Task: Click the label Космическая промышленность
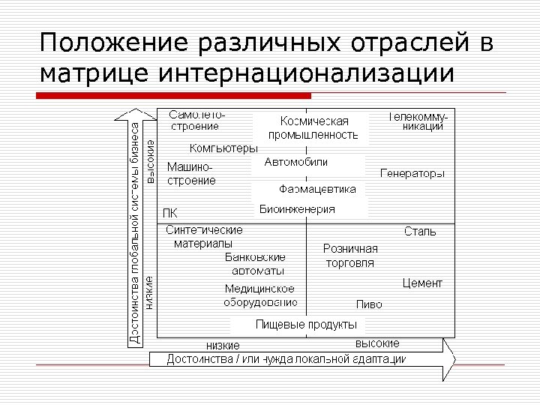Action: pyautogui.click(x=313, y=128)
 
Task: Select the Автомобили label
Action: pyautogui.click(x=296, y=162)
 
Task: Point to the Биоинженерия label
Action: pyautogui.click(x=297, y=209)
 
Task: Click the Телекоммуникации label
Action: pyautogui.click(x=417, y=121)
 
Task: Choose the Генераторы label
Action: pyautogui.click(x=412, y=173)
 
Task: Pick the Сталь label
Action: pyautogui.click(x=420, y=231)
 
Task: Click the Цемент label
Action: pyautogui.click(x=422, y=283)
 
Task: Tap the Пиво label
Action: pyautogui.click(x=369, y=304)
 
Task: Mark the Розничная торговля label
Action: pyautogui.click(x=350, y=256)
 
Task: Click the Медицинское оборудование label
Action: pyautogui.click(x=260, y=295)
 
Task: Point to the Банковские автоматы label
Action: pyautogui.click(x=255, y=263)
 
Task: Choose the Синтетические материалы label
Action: pyautogui.click(x=203, y=236)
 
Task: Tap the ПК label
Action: pyautogui.click(x=170, y=212)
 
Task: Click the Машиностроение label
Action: pyautogui.click(x=191, y=173)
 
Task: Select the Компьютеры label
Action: pyautogui.click(x=223, y=148)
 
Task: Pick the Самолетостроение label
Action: pyautogui.click(x=197, y=121)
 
